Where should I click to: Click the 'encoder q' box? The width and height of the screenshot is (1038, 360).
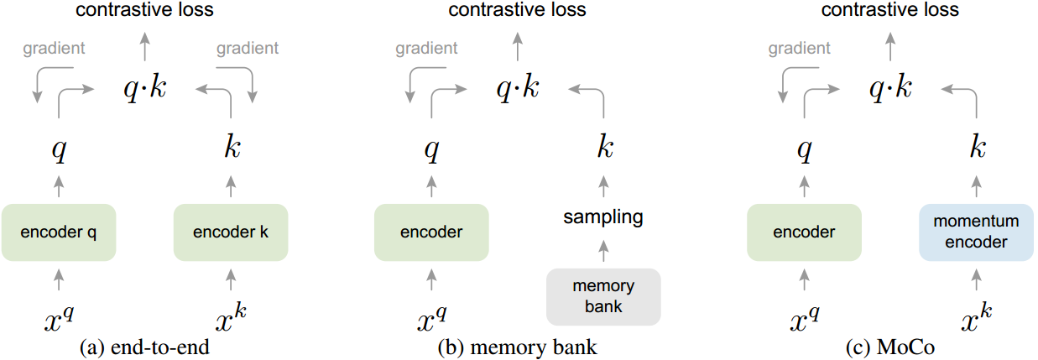[x=57, y=232]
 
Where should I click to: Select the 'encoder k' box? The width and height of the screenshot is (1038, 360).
[x=231, y=232]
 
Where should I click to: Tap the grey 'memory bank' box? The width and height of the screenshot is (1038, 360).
[x=603, y=296]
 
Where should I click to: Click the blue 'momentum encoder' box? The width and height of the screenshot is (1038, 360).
[x=975, y=232]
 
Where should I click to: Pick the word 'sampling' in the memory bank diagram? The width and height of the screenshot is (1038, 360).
[x=603, y=217]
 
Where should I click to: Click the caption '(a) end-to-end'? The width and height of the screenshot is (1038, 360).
[x=143, y=347]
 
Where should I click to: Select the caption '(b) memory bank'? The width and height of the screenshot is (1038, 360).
[x=517, y=347]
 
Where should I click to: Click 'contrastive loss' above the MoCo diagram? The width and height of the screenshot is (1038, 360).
[x=889, y=10]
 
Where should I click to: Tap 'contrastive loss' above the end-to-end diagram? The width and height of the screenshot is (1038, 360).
[x=144, y=10]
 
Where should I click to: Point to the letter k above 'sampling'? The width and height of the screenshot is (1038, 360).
[x=604, y=149]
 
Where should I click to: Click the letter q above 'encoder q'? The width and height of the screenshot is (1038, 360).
[x=58, y=151]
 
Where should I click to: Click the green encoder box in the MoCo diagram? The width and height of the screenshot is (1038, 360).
[x=804, y=232]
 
